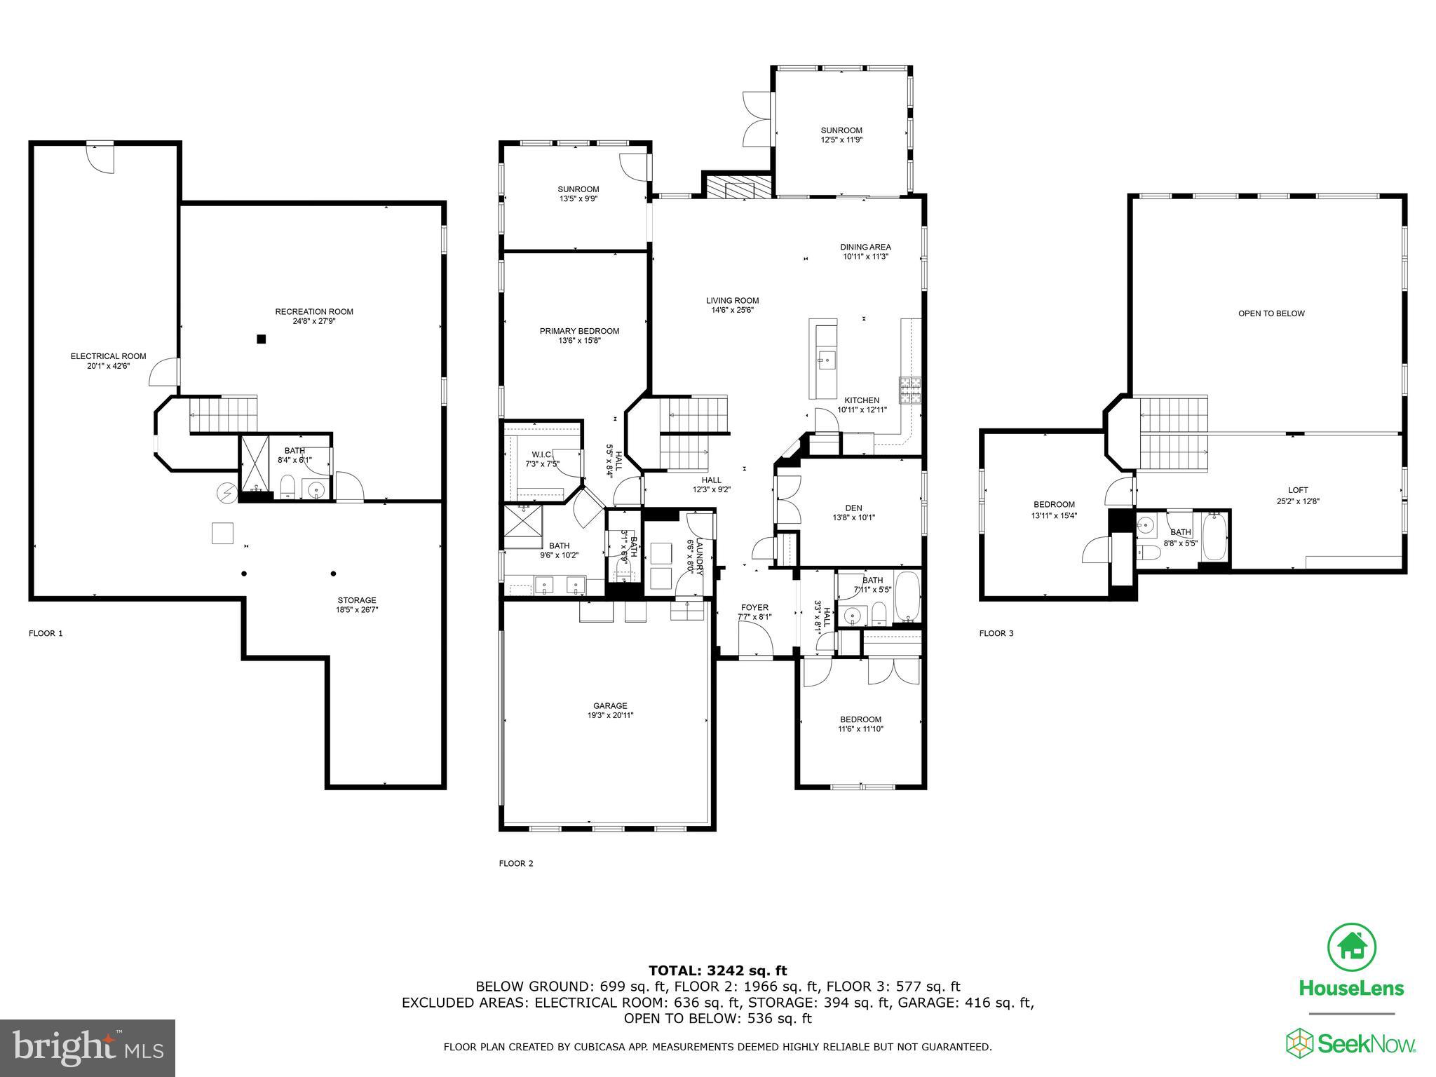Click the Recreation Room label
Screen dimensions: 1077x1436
click(313, 312)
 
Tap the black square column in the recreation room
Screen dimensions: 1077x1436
click(261, 339)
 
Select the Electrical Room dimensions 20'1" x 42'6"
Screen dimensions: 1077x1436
click(108, 366)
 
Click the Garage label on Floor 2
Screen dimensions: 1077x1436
click(609, 706)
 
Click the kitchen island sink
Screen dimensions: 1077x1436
click(825, 361)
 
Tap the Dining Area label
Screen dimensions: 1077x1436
click(865, 247)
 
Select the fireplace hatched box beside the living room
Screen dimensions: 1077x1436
click(729, 188)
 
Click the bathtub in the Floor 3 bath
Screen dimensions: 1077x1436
click(1214, 538)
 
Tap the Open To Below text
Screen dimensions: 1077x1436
click(1271, 313)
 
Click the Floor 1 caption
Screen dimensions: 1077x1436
click(46, 633)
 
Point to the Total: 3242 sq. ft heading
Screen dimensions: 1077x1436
click(717, 970)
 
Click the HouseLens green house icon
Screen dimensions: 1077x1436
click(1351, 947)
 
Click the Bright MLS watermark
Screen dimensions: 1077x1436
click(88, 1048)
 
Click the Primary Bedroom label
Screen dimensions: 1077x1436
click(579, 331)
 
